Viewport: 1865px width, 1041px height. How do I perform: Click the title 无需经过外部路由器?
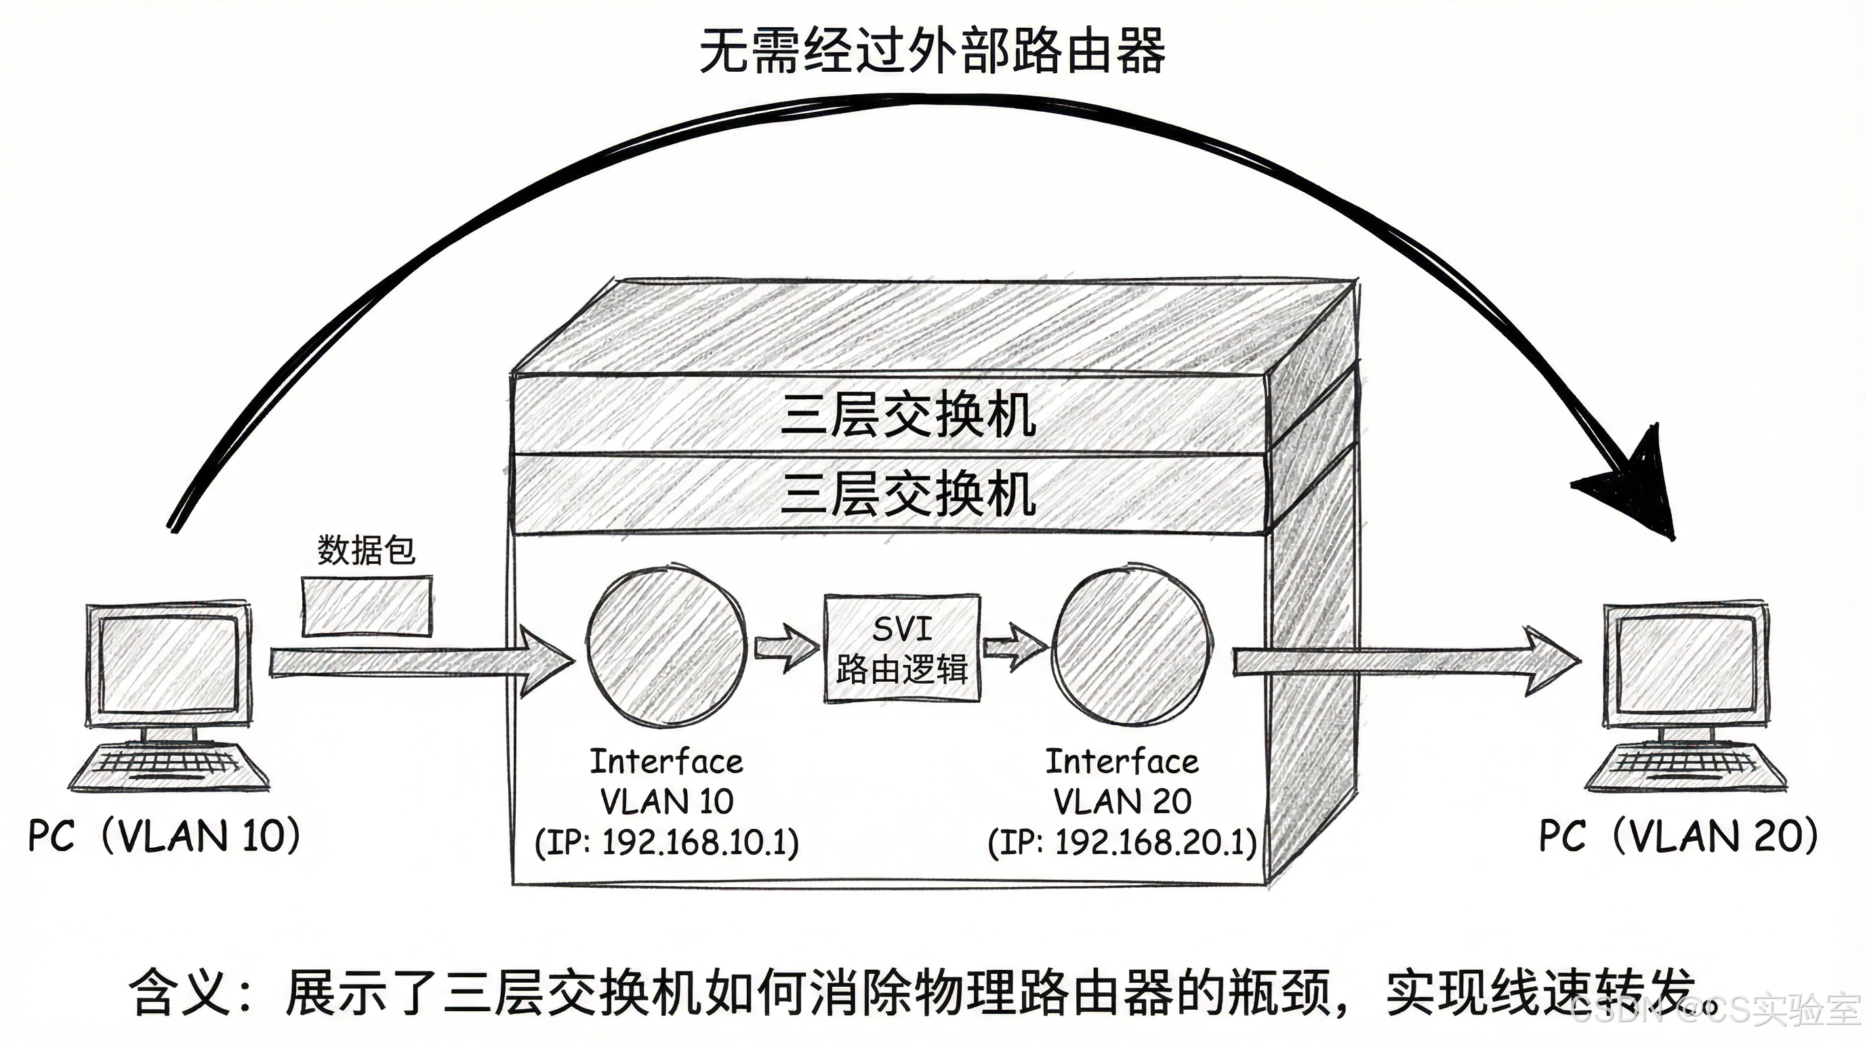click(932, 51)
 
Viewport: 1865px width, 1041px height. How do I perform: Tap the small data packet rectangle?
click(367, 607)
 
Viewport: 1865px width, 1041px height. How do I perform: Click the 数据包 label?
click(367, 550)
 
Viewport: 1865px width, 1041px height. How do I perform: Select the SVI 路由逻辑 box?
click(902, 649)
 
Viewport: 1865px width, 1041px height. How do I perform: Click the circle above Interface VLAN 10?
click(666, 647)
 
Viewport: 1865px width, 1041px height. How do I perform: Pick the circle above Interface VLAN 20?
click(1130, 647)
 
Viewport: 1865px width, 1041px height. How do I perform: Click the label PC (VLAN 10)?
click(163, 836)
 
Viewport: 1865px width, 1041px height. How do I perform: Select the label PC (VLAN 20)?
click(1678, 836)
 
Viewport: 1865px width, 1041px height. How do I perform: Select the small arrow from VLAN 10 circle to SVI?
click(785, 647)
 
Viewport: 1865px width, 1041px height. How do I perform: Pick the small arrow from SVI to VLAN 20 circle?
click(1014, 647)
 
